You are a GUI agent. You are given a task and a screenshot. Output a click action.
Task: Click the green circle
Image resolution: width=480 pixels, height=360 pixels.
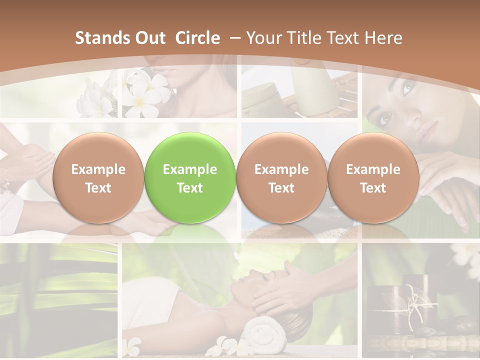point(190,177)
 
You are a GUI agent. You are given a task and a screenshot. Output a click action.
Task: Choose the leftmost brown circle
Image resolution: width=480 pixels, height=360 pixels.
point(98,177)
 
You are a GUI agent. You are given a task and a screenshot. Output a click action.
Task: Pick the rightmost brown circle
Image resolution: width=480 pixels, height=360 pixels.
point(373,177)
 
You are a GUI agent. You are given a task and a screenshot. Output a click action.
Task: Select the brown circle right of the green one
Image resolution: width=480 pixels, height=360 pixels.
point(281,177)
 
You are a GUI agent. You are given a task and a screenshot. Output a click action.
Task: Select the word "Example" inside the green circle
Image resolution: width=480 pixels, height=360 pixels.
point(190,169)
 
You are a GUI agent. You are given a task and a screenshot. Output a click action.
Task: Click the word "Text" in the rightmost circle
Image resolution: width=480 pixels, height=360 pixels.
point(373,188)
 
